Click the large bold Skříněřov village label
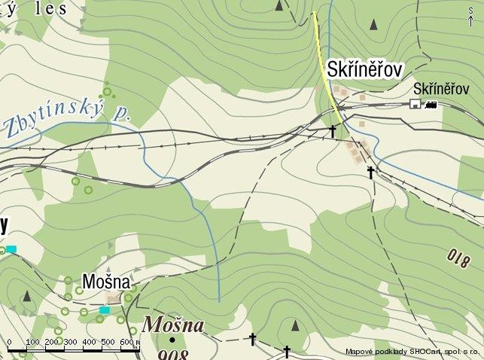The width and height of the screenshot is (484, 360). [x=365, y=69]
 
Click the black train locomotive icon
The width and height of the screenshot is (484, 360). [x=431, y=105]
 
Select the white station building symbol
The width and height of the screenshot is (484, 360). [x=415, y=104]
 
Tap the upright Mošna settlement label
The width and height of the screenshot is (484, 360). [x=106, y=282]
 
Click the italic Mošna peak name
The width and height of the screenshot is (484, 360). [x=173, y=325]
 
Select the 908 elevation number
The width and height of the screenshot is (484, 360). [x=174, y=354]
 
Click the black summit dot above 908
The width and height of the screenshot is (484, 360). [x=172, y=340]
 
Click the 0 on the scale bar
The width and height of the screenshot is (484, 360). [x=9, y=343]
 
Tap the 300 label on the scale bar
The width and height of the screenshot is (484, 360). [x=69, y=343]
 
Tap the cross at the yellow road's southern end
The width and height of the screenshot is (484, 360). [x=333, y=131]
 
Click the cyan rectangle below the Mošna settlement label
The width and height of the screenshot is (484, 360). [x=105, y=310]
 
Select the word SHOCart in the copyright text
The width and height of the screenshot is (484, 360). [x=422, y=352]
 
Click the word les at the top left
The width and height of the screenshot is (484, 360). [x=53, y=9]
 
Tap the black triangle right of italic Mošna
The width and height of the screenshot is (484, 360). [x=294, y=325]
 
